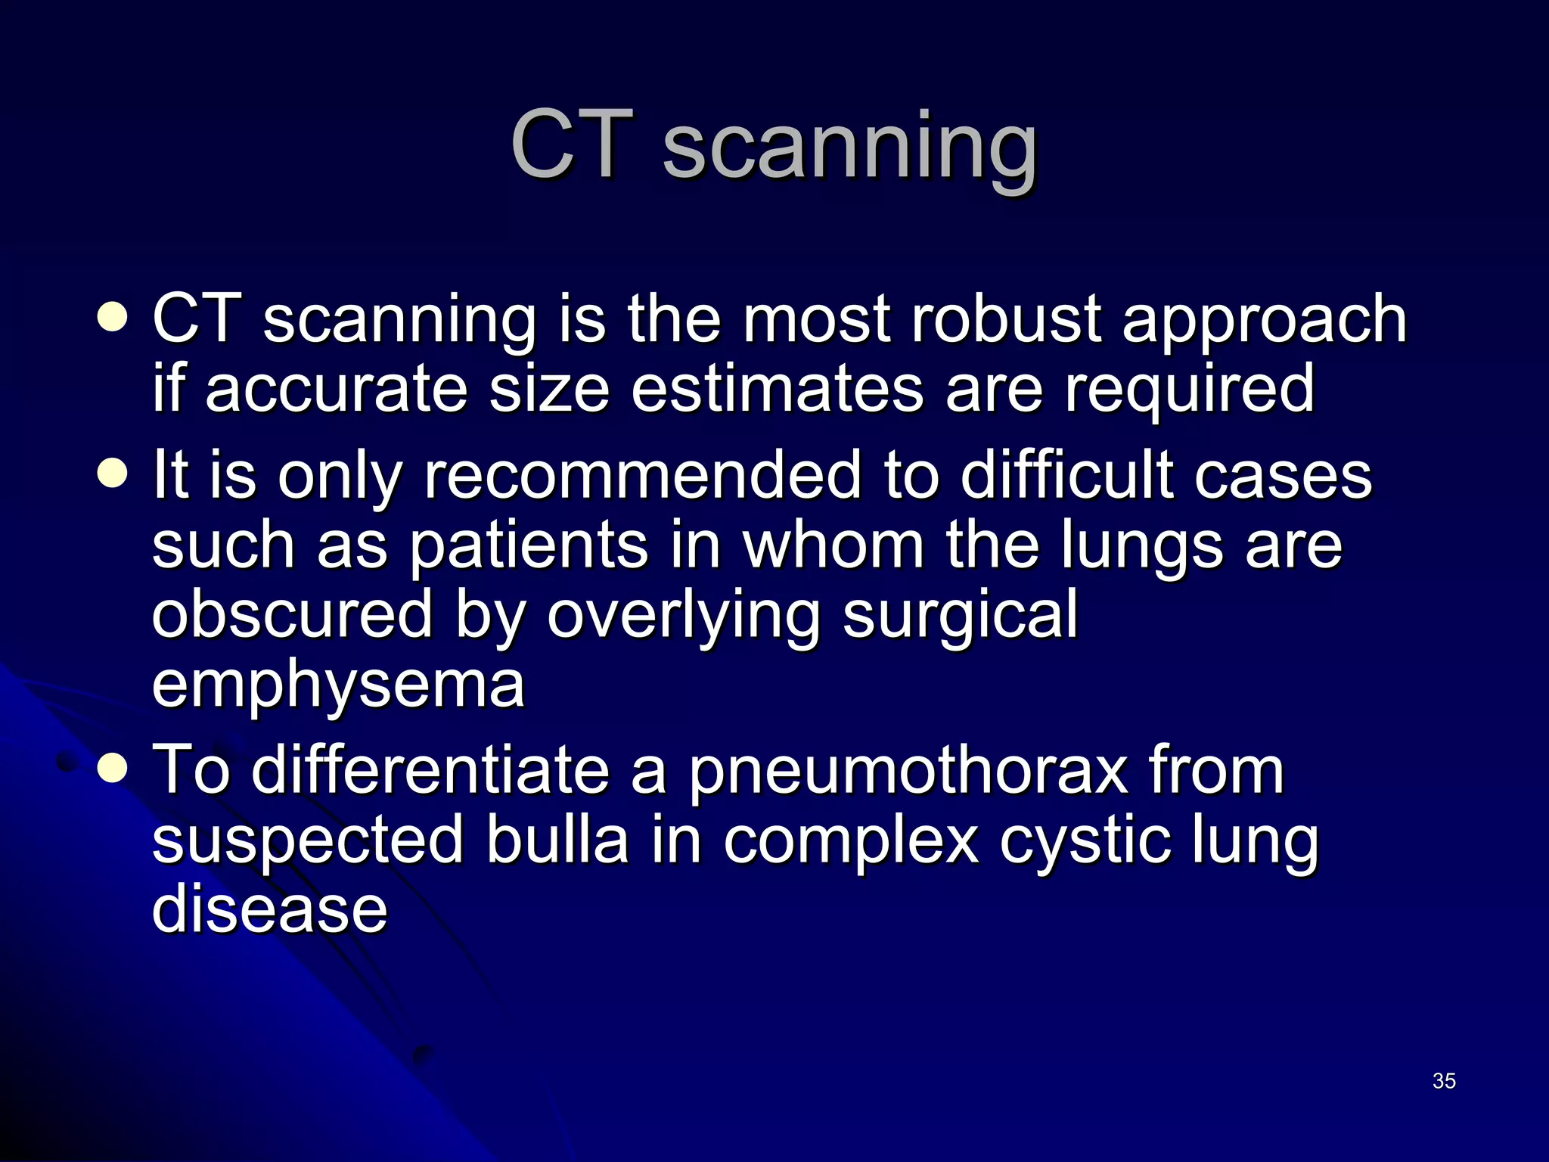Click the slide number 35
click(x=1443, y=1081)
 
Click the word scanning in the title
click(x=849, y=146)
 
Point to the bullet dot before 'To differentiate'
click(x=113, y=769)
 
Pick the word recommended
click(x=643, y=476)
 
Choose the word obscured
click(x=292, y=614)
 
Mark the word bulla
click(x=557, y=840)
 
